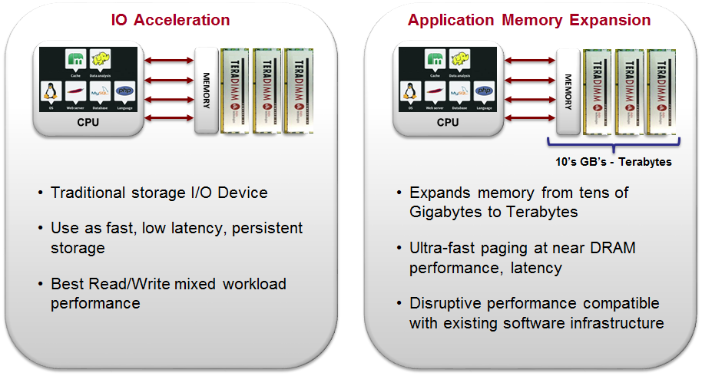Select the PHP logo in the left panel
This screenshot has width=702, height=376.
coord(124,91)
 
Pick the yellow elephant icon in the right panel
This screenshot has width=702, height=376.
coord(459,58)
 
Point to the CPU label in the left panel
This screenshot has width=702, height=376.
coord(88,122)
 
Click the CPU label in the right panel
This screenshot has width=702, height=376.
coord(448,122)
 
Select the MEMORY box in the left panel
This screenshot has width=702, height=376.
coord(206,91)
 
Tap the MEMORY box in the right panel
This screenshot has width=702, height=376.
coord(568,91)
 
